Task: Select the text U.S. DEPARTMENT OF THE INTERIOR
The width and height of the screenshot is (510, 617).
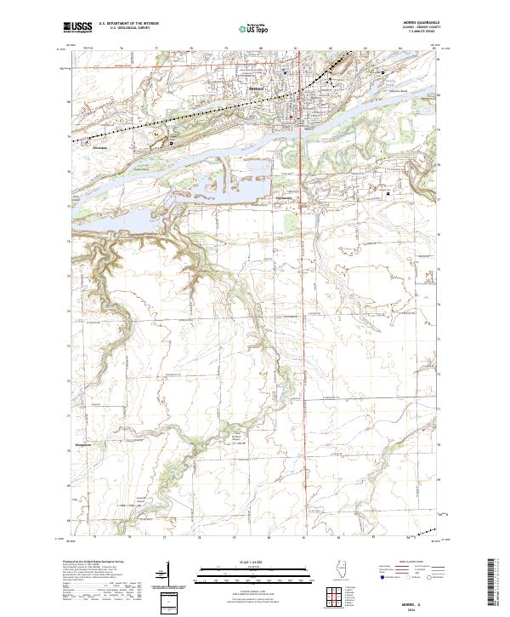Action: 128,24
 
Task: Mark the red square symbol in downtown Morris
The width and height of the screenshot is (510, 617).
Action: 290,117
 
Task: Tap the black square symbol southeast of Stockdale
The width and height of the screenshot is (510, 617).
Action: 172,143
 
